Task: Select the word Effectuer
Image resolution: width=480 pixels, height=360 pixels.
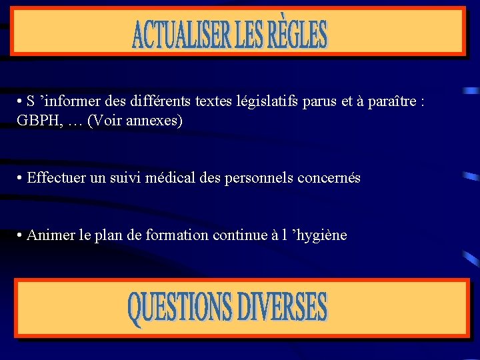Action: point(55,178)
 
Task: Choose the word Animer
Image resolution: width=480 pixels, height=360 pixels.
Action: point(47,235)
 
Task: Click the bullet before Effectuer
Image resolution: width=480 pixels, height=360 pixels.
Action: point(21,179)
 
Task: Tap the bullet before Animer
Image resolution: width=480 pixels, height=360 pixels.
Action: point(21,236)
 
